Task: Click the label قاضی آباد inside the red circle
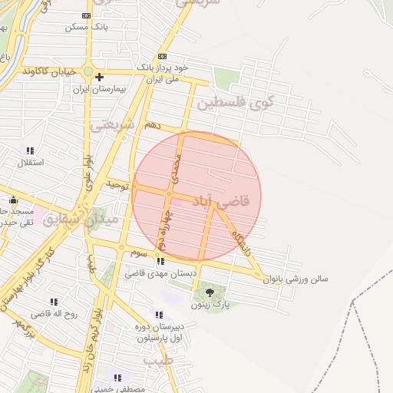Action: [x=225, y=201]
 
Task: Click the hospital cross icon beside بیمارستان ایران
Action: [x=100, y=77]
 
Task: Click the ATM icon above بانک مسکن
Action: [x=86, y=15]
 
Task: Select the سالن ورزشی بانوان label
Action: [x=296, y=279]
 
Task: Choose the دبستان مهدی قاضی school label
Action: [x=160, y=273]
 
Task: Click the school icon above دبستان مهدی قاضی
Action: [x=160, y=262]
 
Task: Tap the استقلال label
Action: [x=31, y=163]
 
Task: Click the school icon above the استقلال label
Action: [x=31, y=151]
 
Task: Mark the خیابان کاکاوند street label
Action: [x=51, y=71]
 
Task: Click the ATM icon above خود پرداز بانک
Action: [x=161, y=57]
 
